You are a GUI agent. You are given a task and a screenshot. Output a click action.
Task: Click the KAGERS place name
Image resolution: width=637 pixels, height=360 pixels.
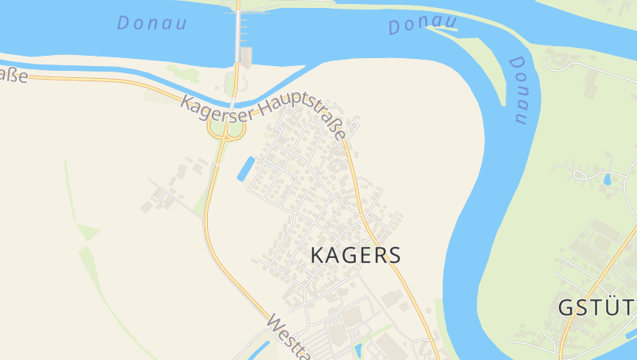(x=354, y=255)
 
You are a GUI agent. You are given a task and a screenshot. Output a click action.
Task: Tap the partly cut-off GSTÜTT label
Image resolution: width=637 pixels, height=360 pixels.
(x=596, y=308)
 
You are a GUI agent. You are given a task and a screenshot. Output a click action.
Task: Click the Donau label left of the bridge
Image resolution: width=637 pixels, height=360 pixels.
(x=151, y=23)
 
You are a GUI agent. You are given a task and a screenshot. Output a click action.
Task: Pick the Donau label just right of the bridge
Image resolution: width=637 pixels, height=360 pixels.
(x=423, y=25)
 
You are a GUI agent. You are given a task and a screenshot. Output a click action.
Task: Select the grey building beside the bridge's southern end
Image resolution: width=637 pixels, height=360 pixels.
(x=246, y=56)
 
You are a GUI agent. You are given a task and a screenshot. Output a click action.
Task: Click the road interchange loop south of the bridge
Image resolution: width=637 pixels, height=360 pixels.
(x=226, y=127)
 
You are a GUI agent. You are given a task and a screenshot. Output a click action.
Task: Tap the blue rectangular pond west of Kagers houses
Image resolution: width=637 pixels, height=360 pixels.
(x=246, y=168)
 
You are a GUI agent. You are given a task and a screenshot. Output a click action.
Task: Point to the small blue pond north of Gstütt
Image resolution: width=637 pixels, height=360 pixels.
(x=608, y=179)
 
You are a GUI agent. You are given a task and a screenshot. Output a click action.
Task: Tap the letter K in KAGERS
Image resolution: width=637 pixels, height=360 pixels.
(x=316, y=255)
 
